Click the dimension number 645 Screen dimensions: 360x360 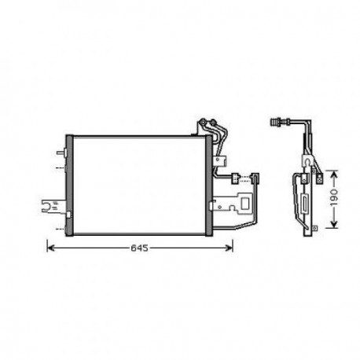click(138, 248)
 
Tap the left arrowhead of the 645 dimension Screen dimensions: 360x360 click(53, 248)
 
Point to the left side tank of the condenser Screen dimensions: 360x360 click(69, 186)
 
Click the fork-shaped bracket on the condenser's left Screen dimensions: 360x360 click(50, 208)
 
